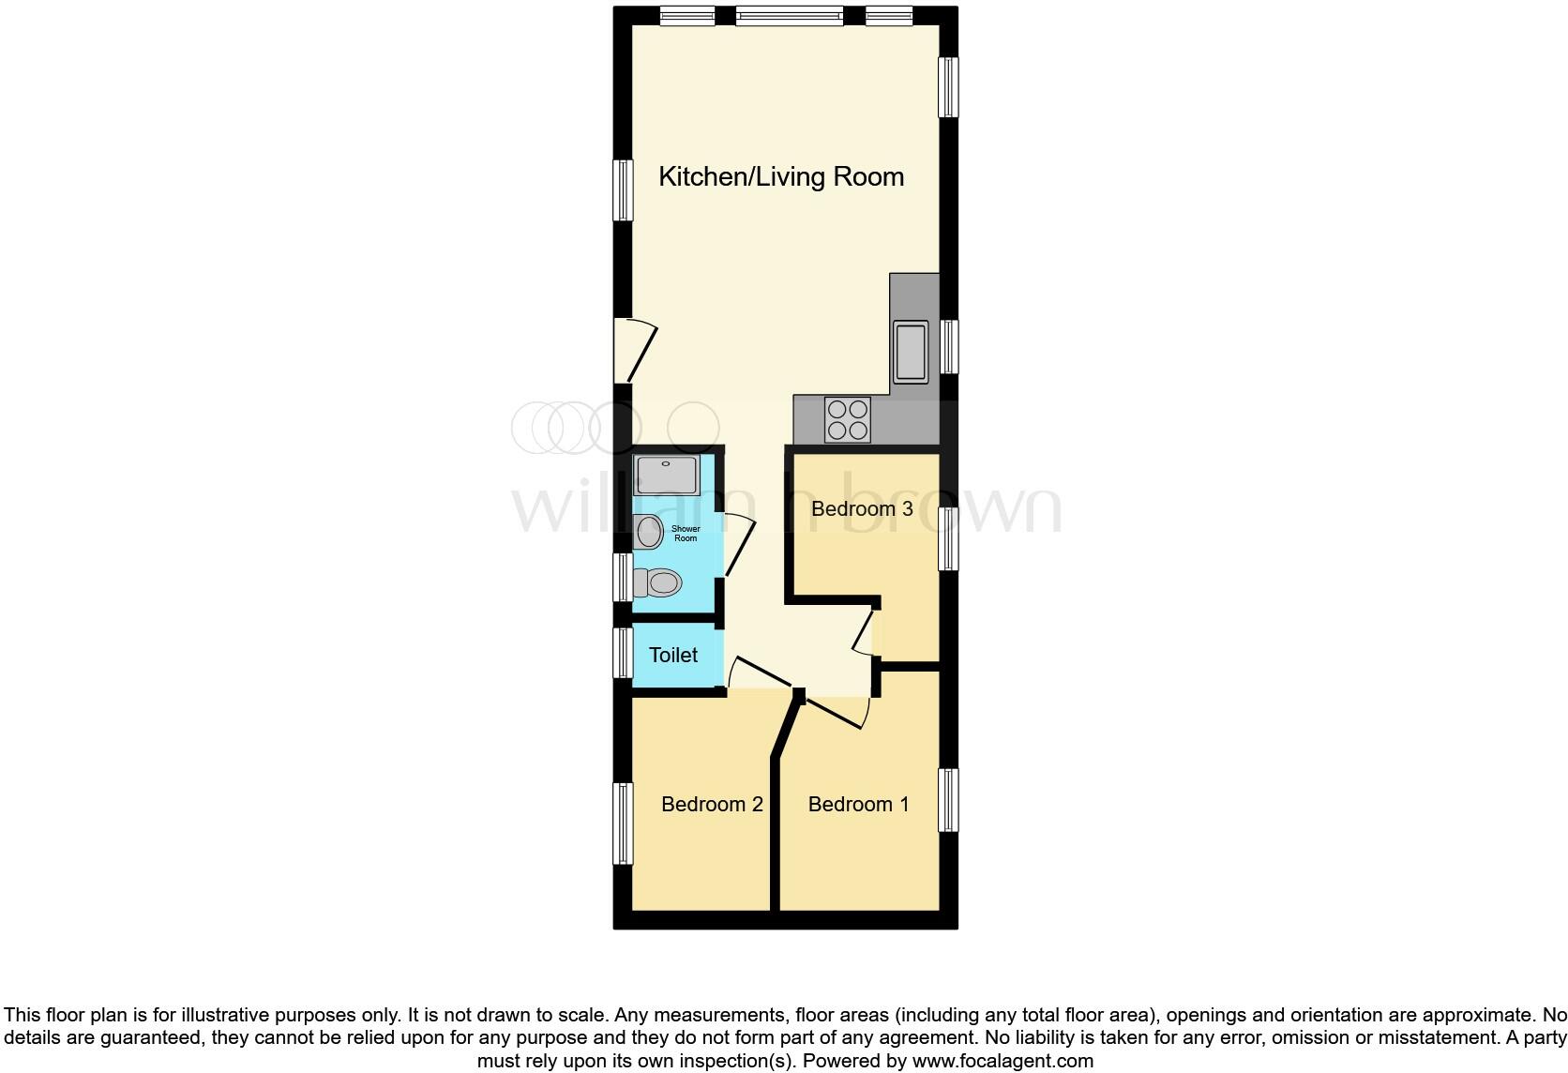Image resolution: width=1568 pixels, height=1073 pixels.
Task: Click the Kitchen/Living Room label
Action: (x=780, y=176)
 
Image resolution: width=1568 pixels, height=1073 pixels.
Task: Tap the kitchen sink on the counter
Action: (x=910, y=352)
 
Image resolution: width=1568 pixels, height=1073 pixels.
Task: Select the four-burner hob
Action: (x=848, y=419)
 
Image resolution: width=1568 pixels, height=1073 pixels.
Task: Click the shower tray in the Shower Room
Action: (x=666, y=476)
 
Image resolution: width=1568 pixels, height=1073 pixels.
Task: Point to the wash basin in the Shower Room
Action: (x=648, y=533)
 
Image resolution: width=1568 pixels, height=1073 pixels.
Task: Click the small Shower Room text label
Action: (x=686, y=534)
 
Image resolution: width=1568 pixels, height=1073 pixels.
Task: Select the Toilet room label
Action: (x=673, y=655)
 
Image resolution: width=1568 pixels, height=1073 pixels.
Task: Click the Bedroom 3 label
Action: (x=862, y=508)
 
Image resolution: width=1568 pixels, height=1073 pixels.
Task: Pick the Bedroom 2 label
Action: (x=712, y=804)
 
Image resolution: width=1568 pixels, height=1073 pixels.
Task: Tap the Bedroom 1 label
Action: (x=858, y=804)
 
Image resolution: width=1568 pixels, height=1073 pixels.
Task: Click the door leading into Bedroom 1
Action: (x=837, y=711)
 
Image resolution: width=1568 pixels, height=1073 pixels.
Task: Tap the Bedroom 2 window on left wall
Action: (x=623, y=824)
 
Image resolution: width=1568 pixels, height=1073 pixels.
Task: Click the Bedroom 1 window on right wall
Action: (x=949, y=800)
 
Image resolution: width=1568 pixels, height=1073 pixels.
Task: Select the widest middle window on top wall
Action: (x=789, y=16)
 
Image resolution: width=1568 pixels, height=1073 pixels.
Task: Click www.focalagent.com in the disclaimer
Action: (x=1001, y=1062)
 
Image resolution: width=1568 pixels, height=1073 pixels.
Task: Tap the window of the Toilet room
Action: (x=623, y=653)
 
